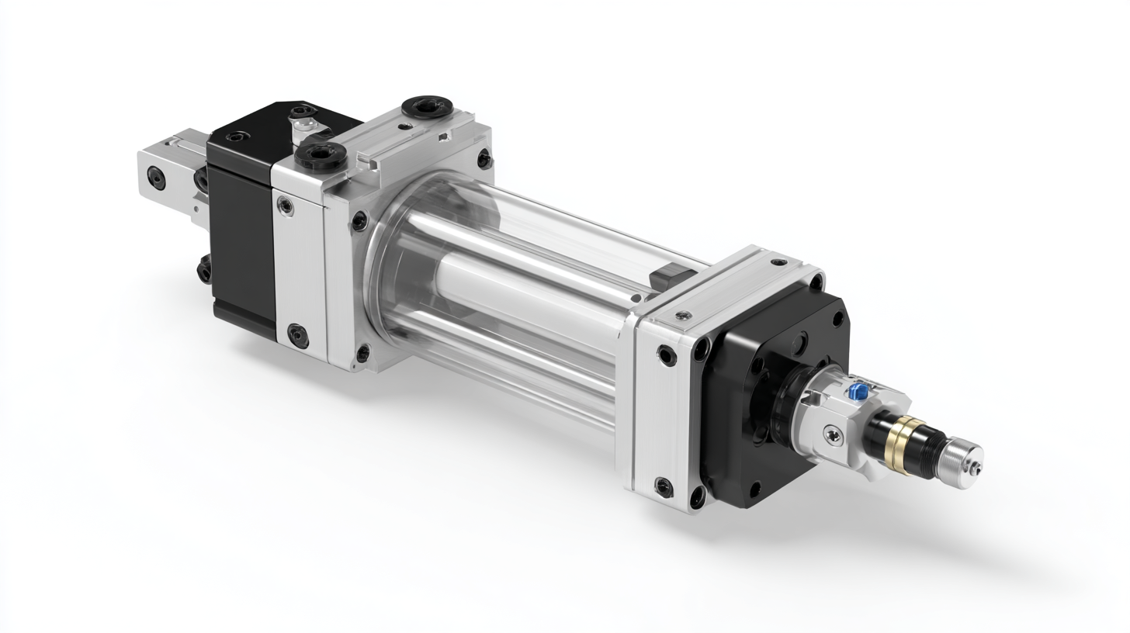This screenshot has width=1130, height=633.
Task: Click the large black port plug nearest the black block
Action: coord(320,155)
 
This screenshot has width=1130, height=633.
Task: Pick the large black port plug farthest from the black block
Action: coord(426,106)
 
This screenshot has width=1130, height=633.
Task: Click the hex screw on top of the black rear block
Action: coord(235,137)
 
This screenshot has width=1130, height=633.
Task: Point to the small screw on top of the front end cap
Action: coord(682,315)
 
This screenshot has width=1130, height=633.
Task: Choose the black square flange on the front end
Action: coord(776,396)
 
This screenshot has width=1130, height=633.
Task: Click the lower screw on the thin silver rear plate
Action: coord(298,335)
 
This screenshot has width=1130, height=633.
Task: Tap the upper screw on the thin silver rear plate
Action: coord(286,206)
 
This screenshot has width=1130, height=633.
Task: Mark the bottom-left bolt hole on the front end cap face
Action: coord(664,487)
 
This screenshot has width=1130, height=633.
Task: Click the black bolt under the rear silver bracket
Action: coord(205,270)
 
